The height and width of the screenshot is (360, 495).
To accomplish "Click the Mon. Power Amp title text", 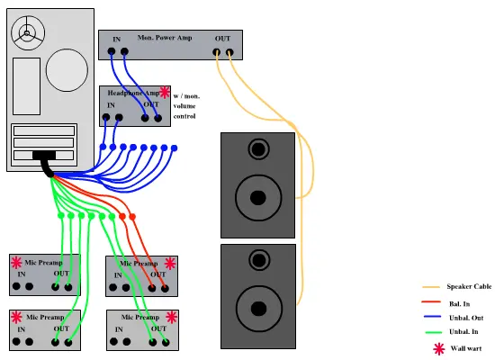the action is tap(165, 38).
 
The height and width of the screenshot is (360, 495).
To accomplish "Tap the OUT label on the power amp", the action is tap(222, 39).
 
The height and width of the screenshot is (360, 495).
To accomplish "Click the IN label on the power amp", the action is tap(117, 40).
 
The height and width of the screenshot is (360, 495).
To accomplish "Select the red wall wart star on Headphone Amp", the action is tap(164, 92).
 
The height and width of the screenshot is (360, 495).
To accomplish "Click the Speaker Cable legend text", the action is tap(469, 286).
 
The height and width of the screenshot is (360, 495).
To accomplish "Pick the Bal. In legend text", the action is tap(459, 304).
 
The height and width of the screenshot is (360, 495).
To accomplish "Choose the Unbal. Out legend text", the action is tap(466, 318).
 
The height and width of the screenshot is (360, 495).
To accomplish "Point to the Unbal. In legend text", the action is tap(463, 331).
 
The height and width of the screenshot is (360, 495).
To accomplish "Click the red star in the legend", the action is tap(439, 349).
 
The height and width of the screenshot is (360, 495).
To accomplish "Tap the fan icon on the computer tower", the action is tap(28, 32).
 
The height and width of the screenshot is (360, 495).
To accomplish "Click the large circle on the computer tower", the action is tap(67, 70).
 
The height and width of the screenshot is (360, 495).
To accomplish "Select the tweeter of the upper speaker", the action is tap(258, 148).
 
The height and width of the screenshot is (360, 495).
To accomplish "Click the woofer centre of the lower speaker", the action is tap(258, 309).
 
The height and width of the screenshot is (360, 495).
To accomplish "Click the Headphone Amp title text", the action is tap(133, 93).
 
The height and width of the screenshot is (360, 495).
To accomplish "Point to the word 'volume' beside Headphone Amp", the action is tap(184, 106).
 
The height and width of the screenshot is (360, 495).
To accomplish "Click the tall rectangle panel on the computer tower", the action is tap(26, 86).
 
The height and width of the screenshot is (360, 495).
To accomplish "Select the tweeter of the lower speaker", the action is tap(259, 260).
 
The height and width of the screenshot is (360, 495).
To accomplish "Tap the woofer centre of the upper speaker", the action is tap(258, 198).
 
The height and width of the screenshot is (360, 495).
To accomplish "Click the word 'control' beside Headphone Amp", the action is tap(184, 116).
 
